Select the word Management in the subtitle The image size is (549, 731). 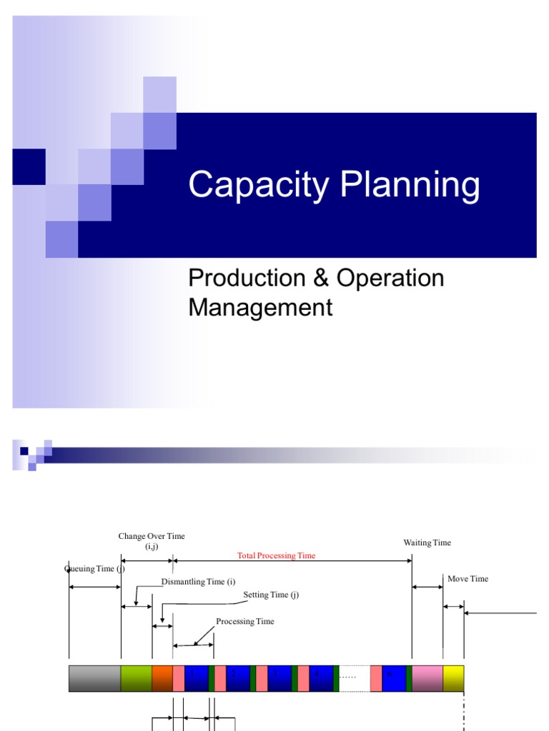[x=260, y=308]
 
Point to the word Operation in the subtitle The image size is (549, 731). [x=390, y=278]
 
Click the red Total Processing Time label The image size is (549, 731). [x=276, y=555]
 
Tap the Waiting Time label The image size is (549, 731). [x=427, y=543]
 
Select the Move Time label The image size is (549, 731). [x=468, y=579]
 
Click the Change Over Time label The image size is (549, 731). [x=152, y=536]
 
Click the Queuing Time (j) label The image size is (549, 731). [x=94, y=569]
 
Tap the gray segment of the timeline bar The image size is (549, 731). [x=95, y=678]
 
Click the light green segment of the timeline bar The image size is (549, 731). [x=137, y=678]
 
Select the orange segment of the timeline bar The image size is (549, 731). [x=162, y=678]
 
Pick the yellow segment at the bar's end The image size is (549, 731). [x=453, y=678]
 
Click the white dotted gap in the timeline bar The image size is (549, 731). [x=355, y=678]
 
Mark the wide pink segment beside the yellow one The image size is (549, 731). [x=427, y=678]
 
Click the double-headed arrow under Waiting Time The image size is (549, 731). [x=427, y=587]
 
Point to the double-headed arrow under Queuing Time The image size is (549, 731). [x=95, y=587]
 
